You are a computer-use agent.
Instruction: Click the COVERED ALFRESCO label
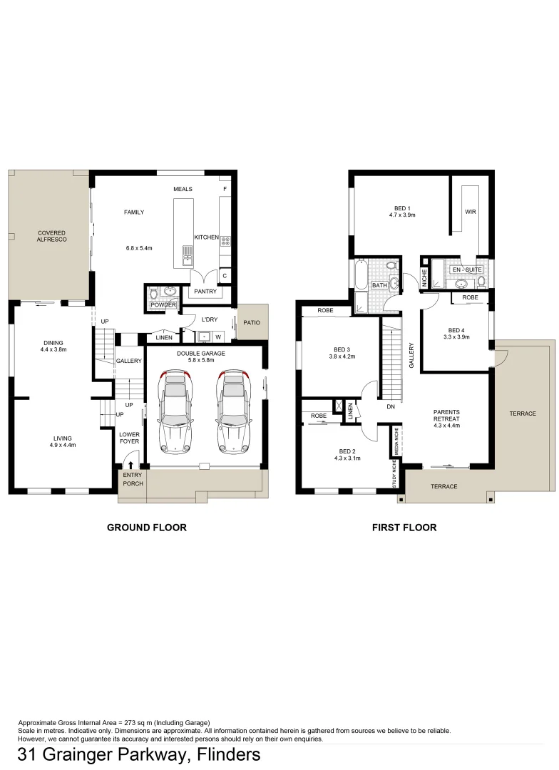(x=52, y=237)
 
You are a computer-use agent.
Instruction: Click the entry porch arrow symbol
(x=130, y=466)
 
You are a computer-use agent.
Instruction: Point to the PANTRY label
(x=206, y=291)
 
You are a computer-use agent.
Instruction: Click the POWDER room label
(x=163, y=305)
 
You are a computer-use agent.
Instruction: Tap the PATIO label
(x=251, y=323)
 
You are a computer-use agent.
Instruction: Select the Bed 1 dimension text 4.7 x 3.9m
(x=402, y=214)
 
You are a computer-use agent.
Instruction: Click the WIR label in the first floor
(x=471, y=212)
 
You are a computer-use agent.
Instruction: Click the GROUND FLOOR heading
(x=147, y=528)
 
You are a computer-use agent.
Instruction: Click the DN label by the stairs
(x=390, y=407)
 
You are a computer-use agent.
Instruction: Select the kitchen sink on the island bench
(x=188, y=255)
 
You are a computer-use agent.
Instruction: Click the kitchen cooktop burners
(x=225, y=242)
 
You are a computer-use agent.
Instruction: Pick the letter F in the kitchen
(x=225, y=189)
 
